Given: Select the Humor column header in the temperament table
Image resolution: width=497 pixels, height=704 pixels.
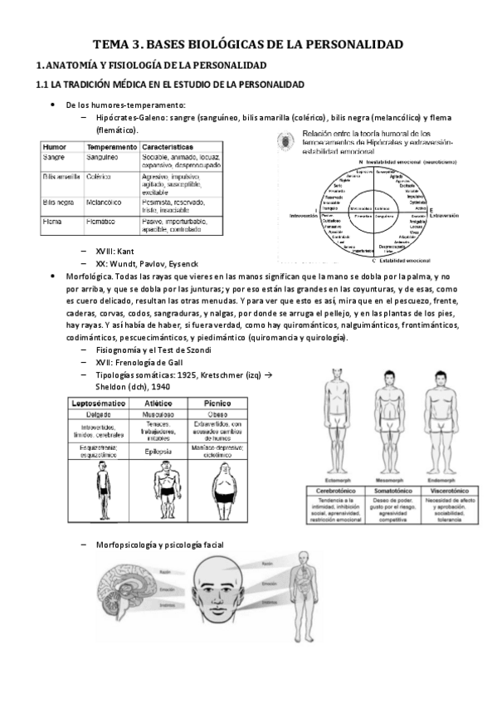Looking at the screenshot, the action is tap(55, 145).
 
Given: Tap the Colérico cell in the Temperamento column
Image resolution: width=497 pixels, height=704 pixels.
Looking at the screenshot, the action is tap(103, 176).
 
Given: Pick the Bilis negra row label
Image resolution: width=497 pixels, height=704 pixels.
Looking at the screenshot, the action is tap(59, 202).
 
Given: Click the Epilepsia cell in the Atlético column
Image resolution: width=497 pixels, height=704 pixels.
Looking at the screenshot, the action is tap(157, 452).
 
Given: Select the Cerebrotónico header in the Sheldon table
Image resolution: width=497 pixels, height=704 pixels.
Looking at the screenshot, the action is tap(334, 491).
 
